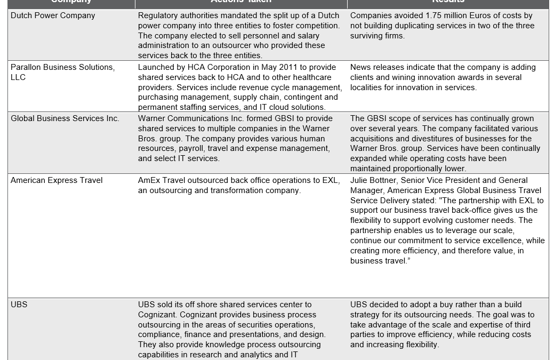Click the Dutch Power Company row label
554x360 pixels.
tap(53, 15)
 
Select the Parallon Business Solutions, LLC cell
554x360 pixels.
tap(62, 72)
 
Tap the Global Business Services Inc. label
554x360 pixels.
tap(65, 118)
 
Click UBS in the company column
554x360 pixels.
tap(19, 305)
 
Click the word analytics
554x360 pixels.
tap(252, 355)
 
